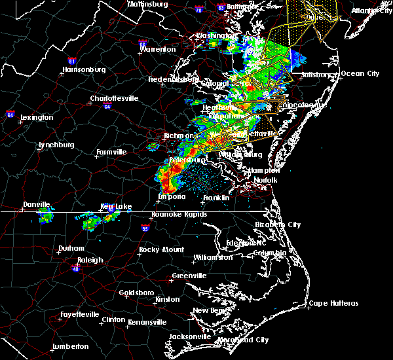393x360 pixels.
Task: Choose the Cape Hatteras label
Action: [333, 303]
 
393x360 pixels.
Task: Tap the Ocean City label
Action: [360, 73]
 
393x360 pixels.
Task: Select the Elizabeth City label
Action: [278, 225]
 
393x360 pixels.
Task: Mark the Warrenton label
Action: [158, 49]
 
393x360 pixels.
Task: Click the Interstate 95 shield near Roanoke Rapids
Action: [145, 228]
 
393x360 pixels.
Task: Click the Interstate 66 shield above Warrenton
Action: [143, 41]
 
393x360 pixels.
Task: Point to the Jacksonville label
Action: [190, 336]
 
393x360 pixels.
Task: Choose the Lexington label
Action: [37, 117]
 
